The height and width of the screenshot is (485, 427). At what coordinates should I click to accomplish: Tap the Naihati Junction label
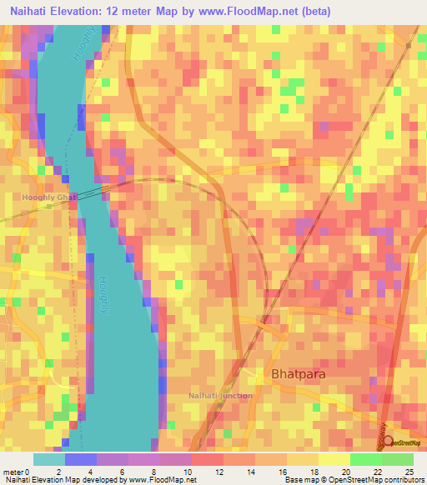tap(220, 395)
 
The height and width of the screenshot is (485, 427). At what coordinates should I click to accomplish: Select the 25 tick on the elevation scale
tap(409, 472)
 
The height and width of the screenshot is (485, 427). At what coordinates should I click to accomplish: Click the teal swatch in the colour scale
tap(49, 459)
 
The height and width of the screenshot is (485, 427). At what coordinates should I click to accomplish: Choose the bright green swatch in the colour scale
tap(365, 459)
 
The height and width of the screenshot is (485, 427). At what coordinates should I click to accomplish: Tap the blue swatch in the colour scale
tap(81, 459)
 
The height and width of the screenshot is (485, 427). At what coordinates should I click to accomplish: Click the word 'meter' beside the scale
tap(14, 472)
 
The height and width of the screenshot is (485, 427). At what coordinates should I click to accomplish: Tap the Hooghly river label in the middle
tap(104, 295)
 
